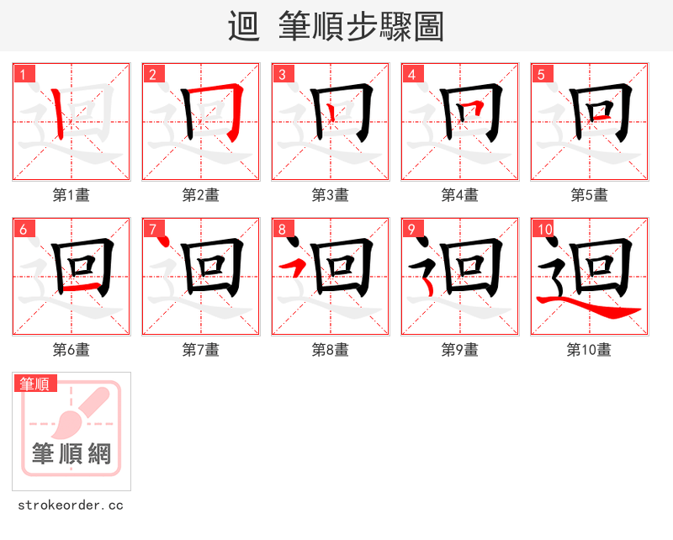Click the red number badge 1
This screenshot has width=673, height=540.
pyautogui.click(x=24, y=74)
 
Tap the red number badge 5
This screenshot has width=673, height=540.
pyautogui.click(x=543, y=74)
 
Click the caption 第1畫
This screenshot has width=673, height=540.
pyautogui.click(x=71, y=195)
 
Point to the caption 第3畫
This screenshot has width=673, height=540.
pyautogui.click(x=330, y=195)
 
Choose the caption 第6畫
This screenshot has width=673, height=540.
pyautogui.click(x=71, y=350)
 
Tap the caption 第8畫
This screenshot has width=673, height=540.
pyautogui.click(x=330, y=350)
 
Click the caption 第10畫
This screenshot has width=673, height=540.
pyautogui.click(x=589, y=350)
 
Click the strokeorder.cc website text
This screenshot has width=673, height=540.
pyautogui.click(x=71, y=506)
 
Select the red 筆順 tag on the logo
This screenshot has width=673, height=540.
pyautogui.click(x=35, y=384)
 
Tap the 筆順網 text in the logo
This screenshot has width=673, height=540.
pyautogui.click(x=72, y=454)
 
